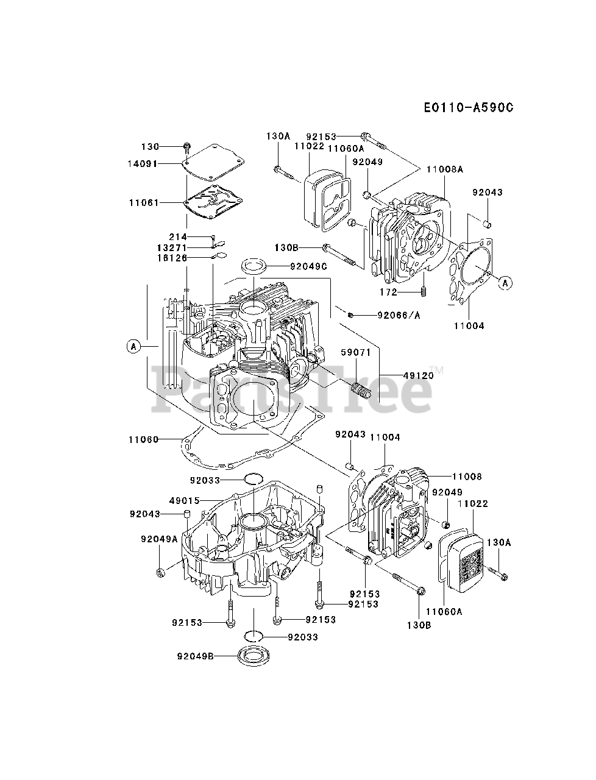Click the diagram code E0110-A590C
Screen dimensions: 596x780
pos(469,107)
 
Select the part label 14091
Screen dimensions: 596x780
pos(142,164)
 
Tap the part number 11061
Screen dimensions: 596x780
pos(144,203)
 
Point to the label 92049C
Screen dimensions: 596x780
pos(308,266)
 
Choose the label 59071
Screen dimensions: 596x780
pos(356,352)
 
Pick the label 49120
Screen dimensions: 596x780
pos(419,375)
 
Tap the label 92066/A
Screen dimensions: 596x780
pos(399,315)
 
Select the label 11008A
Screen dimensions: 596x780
pos(445,169)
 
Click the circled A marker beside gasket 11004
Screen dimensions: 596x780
pos(505,283)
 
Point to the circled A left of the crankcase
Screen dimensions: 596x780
pos(133,346)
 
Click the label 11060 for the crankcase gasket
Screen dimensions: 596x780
pos(143,440)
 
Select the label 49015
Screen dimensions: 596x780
pos(185,501)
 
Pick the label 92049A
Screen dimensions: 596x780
pos(159,539)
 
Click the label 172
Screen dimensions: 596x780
pos(388,292)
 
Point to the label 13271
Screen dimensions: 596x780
pos(172,247)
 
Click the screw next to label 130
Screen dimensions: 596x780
pos(187,147)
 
